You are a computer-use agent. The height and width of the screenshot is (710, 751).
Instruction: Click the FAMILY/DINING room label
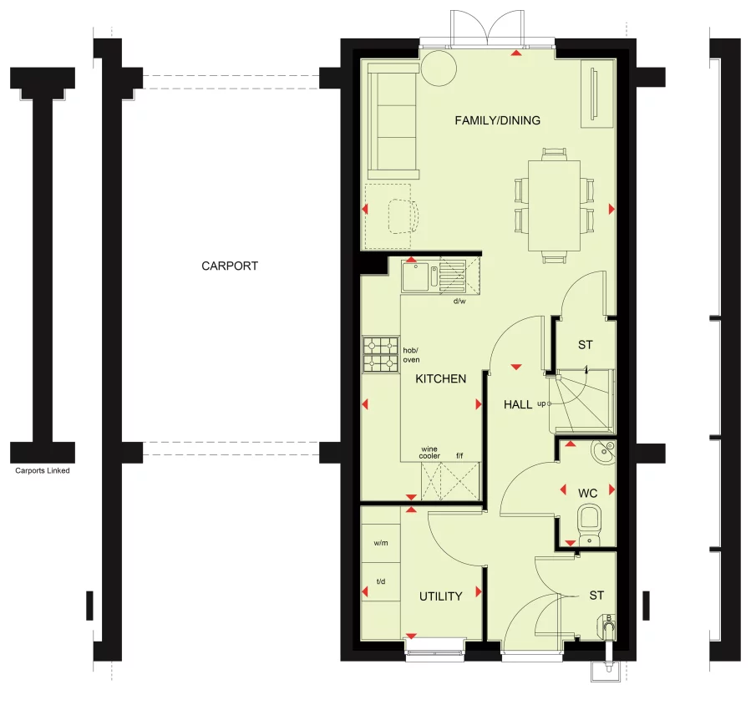[x=497, y=120]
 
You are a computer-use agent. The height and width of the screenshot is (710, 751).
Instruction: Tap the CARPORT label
[x=230, y=266]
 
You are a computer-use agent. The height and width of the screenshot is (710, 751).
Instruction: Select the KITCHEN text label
[x=441, y=378]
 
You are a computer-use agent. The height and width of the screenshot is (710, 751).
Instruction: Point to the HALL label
[x=518, y=404]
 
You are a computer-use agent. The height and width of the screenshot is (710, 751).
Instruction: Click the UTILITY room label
[x=440, y=596]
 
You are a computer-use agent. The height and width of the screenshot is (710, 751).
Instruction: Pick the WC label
[x=588, y=493]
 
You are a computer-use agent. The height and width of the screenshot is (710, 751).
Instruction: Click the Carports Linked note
[x=43, y=471]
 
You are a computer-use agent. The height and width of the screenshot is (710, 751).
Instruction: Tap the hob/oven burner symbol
[x=380, y=354]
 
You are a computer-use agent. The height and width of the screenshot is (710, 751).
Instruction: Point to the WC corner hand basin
[x=602, y=453]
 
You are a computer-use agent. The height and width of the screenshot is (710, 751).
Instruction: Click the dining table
[x=554, y=205]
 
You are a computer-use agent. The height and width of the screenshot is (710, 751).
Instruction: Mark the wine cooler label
[x=430, y=452]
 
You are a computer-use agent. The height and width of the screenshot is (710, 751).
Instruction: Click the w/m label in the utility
[x=381, y=543]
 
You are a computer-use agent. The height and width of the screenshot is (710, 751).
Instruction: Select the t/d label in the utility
[x=381, y=581]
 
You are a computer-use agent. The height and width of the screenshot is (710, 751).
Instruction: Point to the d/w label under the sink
[x=459, y=301]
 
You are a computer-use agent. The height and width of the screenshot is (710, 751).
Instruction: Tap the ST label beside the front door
[x=596, y=596]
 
